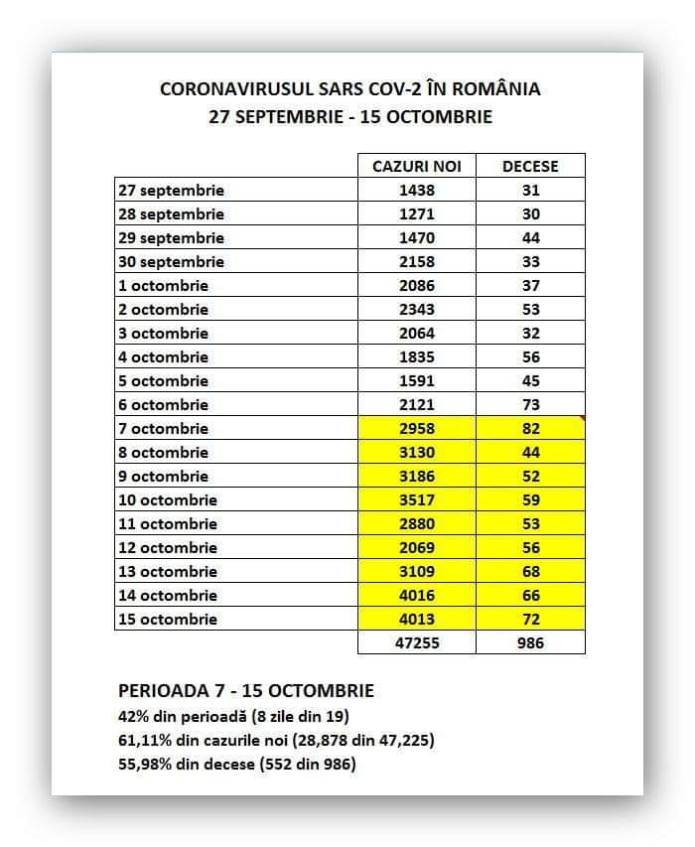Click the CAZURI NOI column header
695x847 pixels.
pyautogui.click(x=416, y=166)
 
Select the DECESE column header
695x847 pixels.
pyautogui.click(x=530, y=166)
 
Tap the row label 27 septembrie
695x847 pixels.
pyautogui.click(x=171, y=190)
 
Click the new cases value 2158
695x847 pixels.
pyautogui.click(x=416, y=261)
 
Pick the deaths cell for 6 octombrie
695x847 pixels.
pyautogui.click(x=530, y=404)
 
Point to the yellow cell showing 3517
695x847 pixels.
pyautogui.click(x=416, y=499)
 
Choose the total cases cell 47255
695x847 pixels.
pyautogui.click(x=416, y=642)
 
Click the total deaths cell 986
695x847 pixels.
pyautogui.click(x=530, y=642)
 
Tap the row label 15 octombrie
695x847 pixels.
pyautogui.click(x=167, y=619)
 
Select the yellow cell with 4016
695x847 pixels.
pyautogui.click(x=416, y=595)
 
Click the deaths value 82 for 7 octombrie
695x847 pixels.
pyautogui.click(x=530, y=428)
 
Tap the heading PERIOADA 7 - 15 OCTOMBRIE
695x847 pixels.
pyautogui.click(x=245, y=691)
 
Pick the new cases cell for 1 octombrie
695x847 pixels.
pyautogui.click(x=416, y=285)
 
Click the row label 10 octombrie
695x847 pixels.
pyautogui.click(x=167, y=499)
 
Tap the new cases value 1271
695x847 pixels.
pyautogui.click(x=416, y=213)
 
